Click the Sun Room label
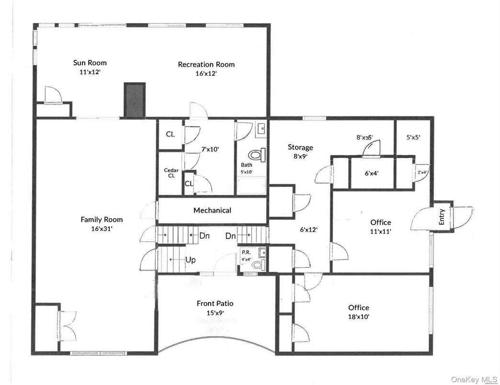point(90,63)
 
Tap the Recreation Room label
point(206,64)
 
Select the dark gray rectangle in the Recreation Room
point(135,100)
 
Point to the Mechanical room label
point(212,210)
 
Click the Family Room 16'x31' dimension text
point(101,228)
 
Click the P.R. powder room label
point(246,252)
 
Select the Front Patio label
point(215,303)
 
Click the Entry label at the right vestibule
point(442,217)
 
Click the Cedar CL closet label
point(171,172)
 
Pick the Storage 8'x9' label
point(300,147)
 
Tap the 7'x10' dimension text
point(209,149)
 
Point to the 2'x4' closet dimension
point(423,172)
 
